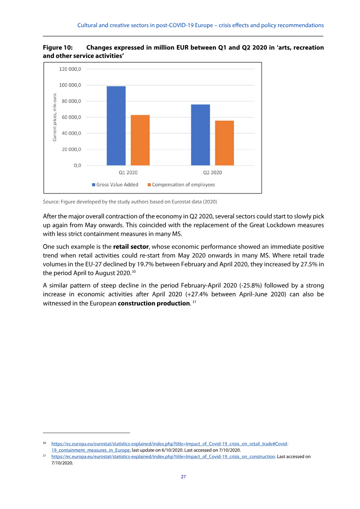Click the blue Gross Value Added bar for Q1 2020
tap(116, 126)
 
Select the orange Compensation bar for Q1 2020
tap(140, 140)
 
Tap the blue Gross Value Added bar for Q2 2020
tap(200, 135)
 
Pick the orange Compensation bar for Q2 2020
tap(224, 143)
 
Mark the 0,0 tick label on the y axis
tap(77, 166)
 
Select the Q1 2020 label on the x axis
tap(128, 173)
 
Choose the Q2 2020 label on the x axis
tap(212, 173)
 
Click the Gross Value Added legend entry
tap(115, 185)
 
